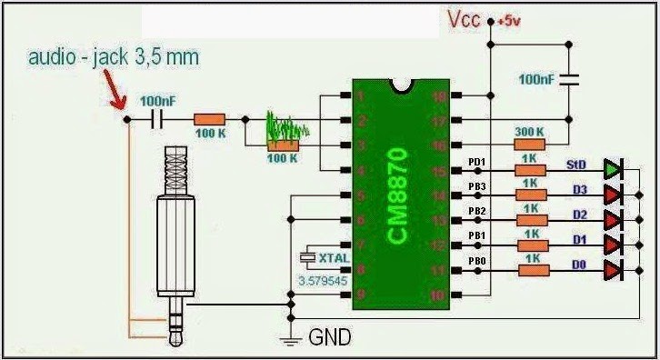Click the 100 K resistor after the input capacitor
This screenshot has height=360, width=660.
pyautogui.click(x=210, y=119)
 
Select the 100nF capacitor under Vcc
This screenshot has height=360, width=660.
pyautogui.click(x=570, y=80)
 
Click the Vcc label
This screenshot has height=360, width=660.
pyautogui.click(x=464, y=20)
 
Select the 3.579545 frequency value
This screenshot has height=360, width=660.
pyautogui.click(x=323, y=283)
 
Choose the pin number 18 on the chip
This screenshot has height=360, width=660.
pyautogui.click(x=442, y=95)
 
